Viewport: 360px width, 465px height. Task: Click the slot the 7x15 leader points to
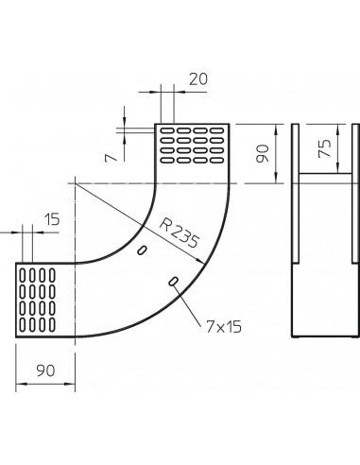click(174, 282)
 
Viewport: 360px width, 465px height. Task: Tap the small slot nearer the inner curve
click(142, 250)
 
